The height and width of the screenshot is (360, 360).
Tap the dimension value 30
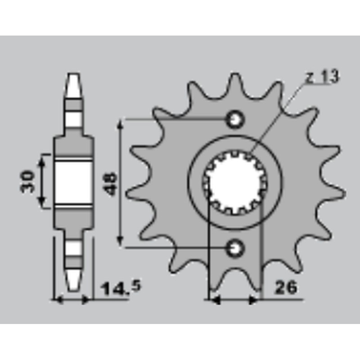[27, 181]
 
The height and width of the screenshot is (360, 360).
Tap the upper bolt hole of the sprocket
[235, 119]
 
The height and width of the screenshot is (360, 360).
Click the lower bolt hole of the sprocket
[235, 248]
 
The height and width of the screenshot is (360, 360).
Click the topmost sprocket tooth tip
[235, 75]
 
